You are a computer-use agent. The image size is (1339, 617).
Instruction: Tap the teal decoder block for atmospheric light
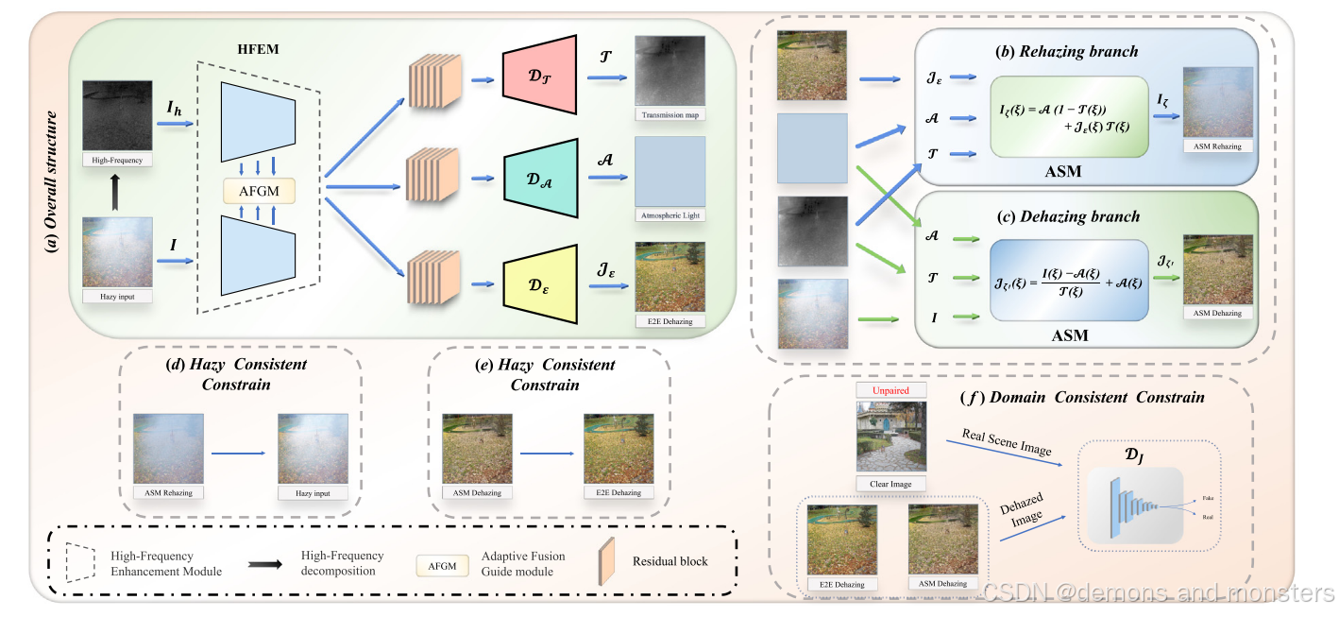(x=540, y=178)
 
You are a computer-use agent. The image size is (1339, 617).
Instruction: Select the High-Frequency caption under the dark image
(x=118, y=160)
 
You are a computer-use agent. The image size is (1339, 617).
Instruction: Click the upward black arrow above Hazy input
(x=118, y=194)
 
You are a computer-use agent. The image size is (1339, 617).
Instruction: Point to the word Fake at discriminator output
(x=1208, y=497)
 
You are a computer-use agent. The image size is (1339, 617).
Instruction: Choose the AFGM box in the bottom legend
(x=442, y=566)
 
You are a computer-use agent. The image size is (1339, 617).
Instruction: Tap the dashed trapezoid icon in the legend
(x=81, y=564)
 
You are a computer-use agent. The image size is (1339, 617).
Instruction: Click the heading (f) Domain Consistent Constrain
(x=1081, y=398)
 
